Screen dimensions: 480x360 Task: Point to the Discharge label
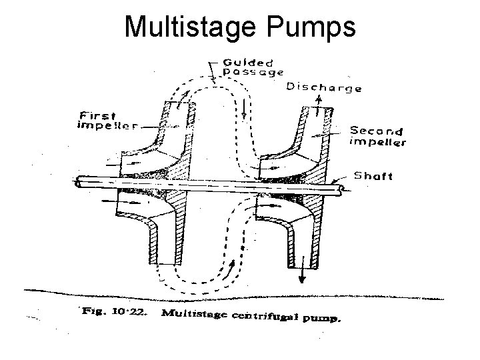[323, 87]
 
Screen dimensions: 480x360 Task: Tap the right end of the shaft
[342, 190]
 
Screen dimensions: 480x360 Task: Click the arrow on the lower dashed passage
[233, 271]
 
